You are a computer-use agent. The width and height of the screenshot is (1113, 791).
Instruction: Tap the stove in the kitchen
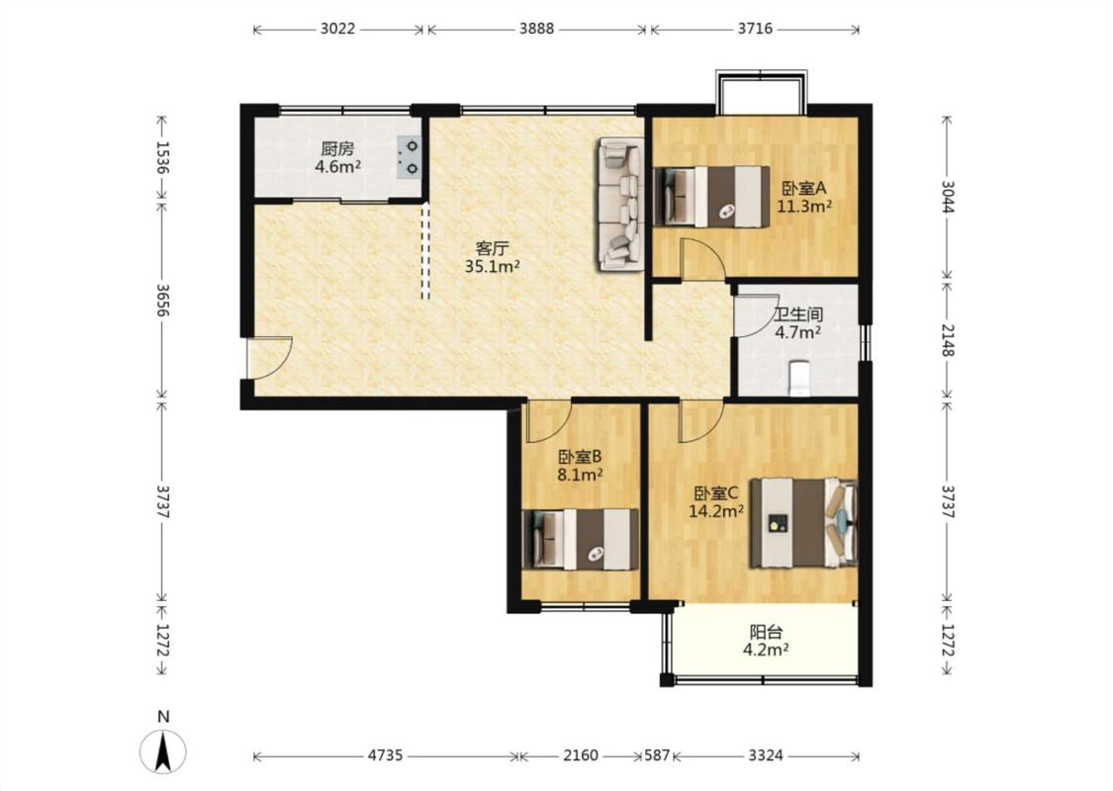pos(409,157)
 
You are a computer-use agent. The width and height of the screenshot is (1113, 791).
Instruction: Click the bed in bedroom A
pos(712,197)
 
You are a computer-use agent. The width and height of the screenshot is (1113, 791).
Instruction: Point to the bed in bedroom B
pos(581,539)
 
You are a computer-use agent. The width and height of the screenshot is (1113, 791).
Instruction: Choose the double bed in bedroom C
pos(804,523)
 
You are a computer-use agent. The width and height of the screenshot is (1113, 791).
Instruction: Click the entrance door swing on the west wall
pos(270,357)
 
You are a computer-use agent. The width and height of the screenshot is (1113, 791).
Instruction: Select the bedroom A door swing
pos(702,260)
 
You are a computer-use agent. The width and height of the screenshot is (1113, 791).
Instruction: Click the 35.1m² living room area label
pos(493,267)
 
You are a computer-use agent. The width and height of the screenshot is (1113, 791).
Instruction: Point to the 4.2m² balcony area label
pos(766,650)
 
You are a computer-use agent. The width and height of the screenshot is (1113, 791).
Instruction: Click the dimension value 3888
pos(536,29)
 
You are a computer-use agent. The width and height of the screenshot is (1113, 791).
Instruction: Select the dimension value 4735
pos(386,755)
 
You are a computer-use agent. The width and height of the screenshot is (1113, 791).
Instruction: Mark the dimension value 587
pos(657,755)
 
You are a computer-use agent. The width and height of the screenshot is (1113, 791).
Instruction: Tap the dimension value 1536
pos(162,158)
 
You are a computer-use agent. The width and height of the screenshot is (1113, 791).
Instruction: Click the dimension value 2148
pos(949,340)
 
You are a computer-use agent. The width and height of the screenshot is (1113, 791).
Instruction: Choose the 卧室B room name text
pos(580,456)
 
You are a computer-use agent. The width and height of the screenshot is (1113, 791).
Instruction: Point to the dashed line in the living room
pos(425,251)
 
